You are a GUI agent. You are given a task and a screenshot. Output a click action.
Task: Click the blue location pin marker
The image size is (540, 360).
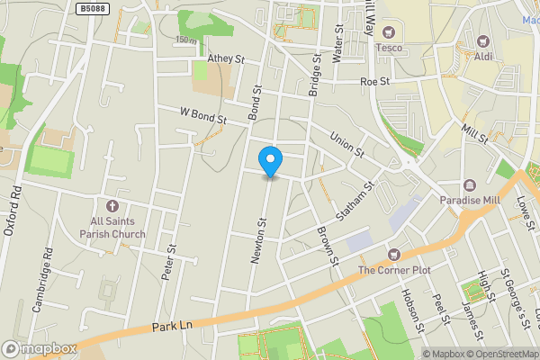click(x=269, y=161)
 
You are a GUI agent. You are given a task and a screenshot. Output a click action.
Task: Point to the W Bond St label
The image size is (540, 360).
click(x=202, y=116)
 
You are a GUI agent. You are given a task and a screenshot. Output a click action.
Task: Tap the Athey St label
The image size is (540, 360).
click(x=226, y=58)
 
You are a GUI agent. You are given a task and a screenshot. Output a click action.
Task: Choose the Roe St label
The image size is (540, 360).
click(x=373, y=80)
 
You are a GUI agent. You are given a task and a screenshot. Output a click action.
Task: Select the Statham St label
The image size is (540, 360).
click(x=355, y=202)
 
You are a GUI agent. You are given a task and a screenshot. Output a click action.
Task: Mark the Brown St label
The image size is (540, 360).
click(x=326, y=244)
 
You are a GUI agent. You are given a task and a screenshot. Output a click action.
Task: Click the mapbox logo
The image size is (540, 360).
click(x=40, y=348)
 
